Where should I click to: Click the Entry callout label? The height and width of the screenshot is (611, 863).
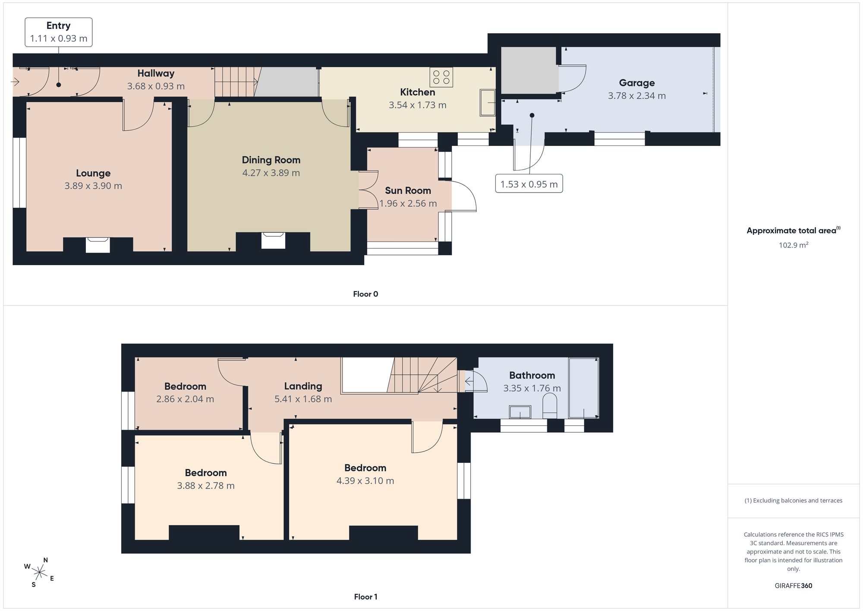pyautogui.click(x=58, y=26)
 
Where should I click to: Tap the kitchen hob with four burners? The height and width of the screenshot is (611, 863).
pyautogui.click(x=441, y=77)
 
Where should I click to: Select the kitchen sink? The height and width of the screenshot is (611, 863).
pyautogui.click(x=488, y=102)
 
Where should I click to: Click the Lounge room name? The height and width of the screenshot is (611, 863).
pyautogui.click(x=93, y=173)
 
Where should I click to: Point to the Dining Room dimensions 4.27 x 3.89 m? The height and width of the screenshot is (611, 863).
pyautogui.click(x=271, y=173)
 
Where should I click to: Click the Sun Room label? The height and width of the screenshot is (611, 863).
pyautogui.click(x=408, y=190)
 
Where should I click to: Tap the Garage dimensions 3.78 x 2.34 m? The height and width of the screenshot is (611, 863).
pyautogui.click(x=637, y=96)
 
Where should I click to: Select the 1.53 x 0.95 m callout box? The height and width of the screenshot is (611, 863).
pyautogui.click(x=529, y=184)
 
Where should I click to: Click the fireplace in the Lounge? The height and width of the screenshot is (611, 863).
pyautogui.click(x=98, y=244)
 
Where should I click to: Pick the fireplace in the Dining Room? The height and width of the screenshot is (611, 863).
pyautogui.click(x=273, y=240)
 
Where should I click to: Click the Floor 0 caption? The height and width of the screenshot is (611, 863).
pyautogui.click(x=365, y=294)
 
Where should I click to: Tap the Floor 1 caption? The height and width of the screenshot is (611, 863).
pyautogui.click(x=365, y=597)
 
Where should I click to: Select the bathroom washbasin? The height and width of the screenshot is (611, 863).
pyautogui.click(x=520, y=412)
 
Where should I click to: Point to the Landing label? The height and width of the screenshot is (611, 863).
pyautogui.click(x=303, y=386)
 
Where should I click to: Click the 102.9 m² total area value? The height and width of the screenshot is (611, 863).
pyautogui.click(x=793, y=245)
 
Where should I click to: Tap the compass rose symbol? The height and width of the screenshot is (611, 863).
pyautogui.click(x=39, y=573)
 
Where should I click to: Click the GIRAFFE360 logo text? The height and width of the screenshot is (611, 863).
pyautogui.click(x=793, y=586)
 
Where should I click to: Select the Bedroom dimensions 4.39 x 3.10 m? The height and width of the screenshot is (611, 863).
pyautogui.click(x=365, y=481)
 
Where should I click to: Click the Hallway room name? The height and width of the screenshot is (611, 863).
pyautogui.click(x=156, y=73)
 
